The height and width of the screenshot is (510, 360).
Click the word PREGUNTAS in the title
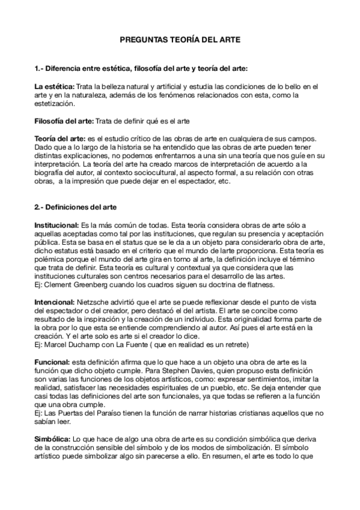click(141, 39)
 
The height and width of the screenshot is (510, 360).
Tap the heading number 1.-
click(39, 68)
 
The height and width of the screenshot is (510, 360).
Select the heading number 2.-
click(39, 208)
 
